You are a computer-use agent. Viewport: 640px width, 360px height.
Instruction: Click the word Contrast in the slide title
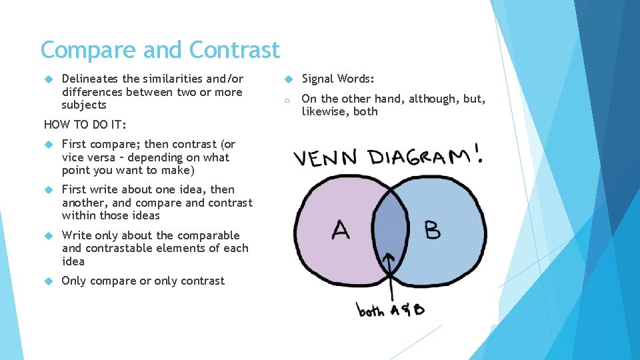tap(234, 50)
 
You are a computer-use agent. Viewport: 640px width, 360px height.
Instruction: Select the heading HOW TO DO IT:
tap(85, 125)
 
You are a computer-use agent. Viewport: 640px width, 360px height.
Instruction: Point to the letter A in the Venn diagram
tap(340, 230)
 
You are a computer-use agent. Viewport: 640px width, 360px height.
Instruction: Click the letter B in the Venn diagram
tap(432, 230)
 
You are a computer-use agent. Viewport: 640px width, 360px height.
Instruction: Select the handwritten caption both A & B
tap(391, 311)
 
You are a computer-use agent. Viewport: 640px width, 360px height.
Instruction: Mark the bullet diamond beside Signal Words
tap(285, 79)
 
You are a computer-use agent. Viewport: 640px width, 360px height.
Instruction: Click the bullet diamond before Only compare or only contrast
tap(47, 281)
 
